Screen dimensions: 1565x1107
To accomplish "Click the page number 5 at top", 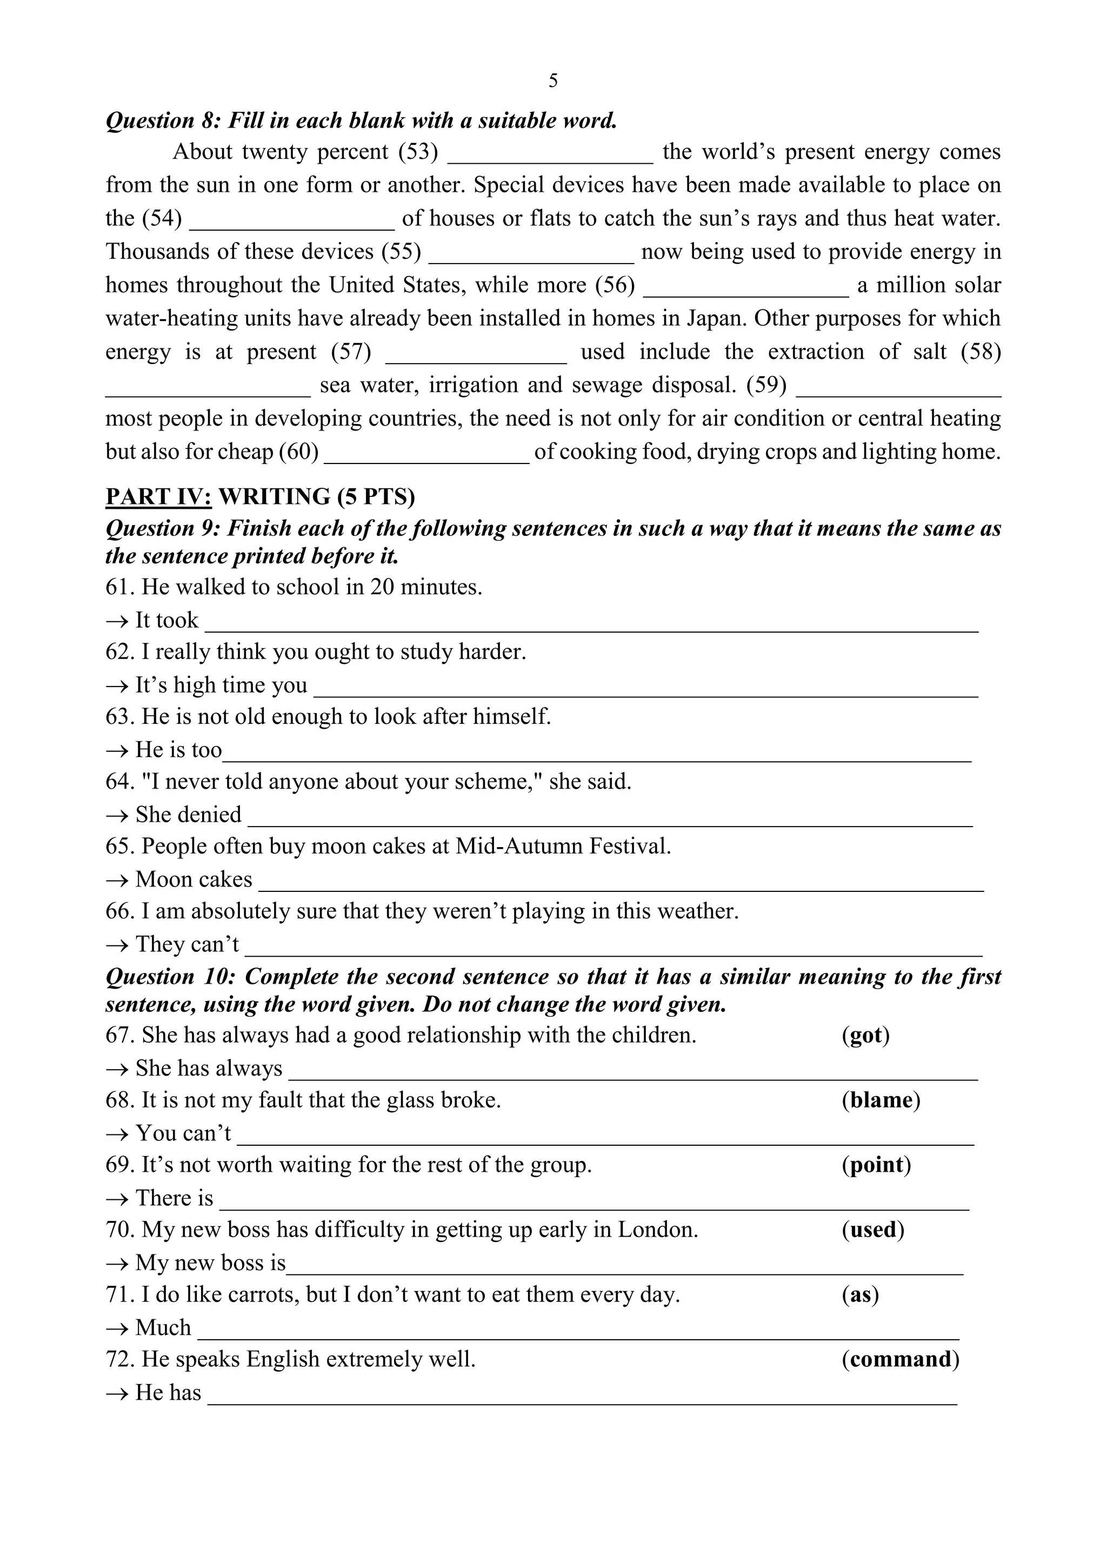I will tap(552, 81).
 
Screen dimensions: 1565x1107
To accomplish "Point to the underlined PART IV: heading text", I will tap(158, 496).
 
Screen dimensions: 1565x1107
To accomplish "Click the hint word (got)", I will tap(865, 1035).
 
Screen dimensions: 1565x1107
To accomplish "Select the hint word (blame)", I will tap(881, 1099).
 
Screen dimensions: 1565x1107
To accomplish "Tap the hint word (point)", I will tap(876, 1164).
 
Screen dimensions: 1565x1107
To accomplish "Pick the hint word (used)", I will tap(872, 1229).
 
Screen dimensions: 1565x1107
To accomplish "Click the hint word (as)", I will tap(860, 1294).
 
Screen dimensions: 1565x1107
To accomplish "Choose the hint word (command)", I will tap(901, 1359).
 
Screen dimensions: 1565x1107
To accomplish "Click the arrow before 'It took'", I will tap(117, 620).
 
